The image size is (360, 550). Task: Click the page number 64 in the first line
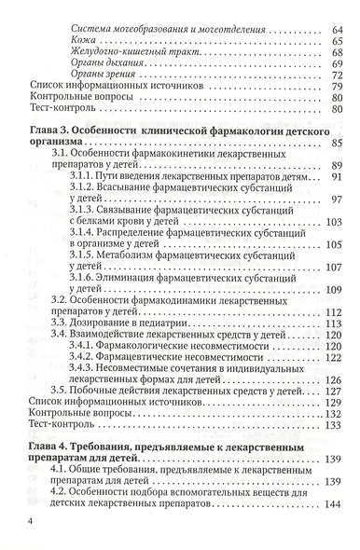click(338, 31)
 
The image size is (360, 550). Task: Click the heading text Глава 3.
click(49, 126)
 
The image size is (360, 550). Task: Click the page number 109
click(335, 293)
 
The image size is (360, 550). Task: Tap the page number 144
click(335, 504)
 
